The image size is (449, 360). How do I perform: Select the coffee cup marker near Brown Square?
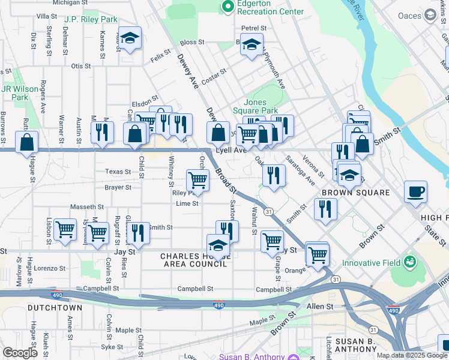(x=415, y=192)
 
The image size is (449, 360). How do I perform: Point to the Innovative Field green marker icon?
(x=410, y=262)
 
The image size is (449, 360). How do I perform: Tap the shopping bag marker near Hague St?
(x=27, y=143)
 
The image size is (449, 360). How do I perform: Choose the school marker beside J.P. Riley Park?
(x=130, y=38)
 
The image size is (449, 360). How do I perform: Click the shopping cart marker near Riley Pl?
(x=197, y=179)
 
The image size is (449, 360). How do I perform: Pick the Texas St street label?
(x=118, y=172)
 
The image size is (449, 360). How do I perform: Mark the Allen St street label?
(x=320, y=307)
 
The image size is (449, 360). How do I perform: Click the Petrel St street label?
(x=254, y=28)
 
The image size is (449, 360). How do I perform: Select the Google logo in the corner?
(x=20, y=353)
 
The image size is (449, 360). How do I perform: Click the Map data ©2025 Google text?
(x=412, y=355)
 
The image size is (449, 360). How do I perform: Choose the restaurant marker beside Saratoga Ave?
(x=274, y=175)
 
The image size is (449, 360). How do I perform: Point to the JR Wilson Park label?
(x=20, y=93)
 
